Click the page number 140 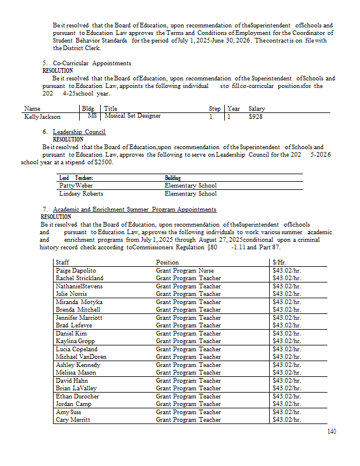331,432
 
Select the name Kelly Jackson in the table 43,116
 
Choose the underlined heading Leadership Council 79,132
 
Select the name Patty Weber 76,185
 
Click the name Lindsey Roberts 81,193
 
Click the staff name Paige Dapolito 76,271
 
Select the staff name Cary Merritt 74,419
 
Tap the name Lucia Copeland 76,349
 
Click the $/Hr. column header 281,263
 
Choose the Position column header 168,263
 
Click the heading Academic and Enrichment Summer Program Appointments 135,209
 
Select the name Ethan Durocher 77,396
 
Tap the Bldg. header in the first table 89,108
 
